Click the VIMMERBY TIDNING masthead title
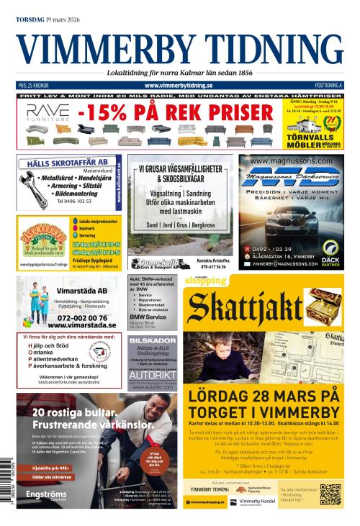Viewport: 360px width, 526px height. (179, 48)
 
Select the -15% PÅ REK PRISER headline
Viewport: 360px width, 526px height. (176, 112)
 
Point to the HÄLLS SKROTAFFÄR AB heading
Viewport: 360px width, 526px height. (68, 163)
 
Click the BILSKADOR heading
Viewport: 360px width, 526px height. (153, 340)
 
